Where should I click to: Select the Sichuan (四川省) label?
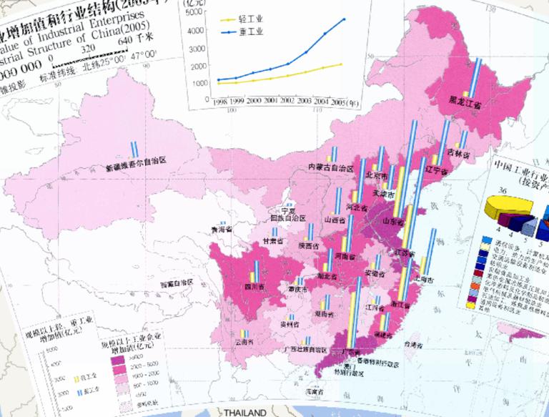(251, 288)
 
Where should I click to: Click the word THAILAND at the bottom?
(244, 413)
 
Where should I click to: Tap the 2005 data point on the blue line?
(344, 19)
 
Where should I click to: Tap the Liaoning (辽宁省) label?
(435, 172)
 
